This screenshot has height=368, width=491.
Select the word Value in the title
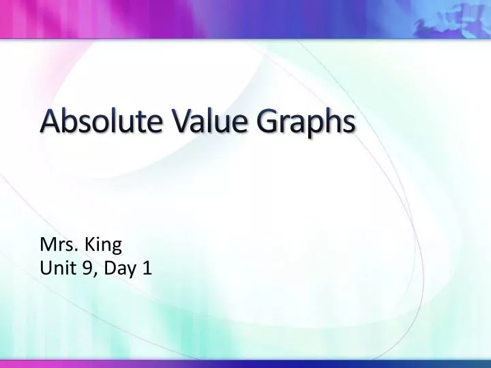coord(205,124)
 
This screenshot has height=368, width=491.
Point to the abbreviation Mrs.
coord(58,243)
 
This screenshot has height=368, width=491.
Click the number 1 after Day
coord(147,269)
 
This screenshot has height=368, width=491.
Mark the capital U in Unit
coord(46,269)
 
